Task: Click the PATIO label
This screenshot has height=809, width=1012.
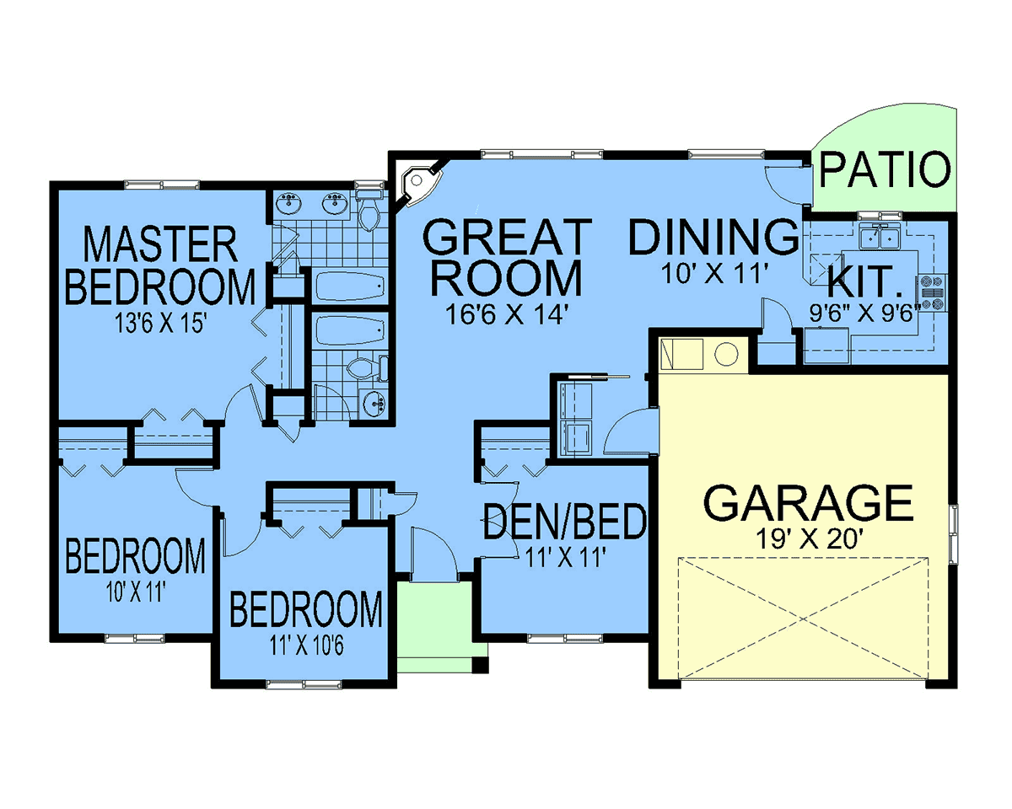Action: pyautogui.click(x=885, y=169)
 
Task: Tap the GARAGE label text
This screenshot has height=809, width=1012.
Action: pyautogui.click(x=807, y=502)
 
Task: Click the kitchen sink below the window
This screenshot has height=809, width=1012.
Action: pyautogui.click(x=880, y=236)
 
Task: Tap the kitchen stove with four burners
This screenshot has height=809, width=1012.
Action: pyautogui.click(x=931, y=292)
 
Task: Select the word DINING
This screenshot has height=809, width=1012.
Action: pyautogui.click(x=713, y=238)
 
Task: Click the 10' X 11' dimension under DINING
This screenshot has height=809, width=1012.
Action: pyautogui.click(x=715, y=274)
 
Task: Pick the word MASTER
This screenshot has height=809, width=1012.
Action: pyautogui.click(x=160, y=244)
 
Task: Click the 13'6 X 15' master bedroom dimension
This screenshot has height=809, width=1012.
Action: pyautogui.click(x=161, y=324)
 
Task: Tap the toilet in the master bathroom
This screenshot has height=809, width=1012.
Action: pyautogui.click(x=369, y=213)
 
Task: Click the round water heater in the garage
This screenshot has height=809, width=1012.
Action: pyautogui.click(x=726, y=354)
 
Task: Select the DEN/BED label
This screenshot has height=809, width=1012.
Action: pyautogui.click(x=565, y=521)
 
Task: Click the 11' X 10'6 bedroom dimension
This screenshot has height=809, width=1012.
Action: pyautogui.click(x=306, y=646)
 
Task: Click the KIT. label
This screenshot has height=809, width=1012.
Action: pyautogui.click(x=865, y=281)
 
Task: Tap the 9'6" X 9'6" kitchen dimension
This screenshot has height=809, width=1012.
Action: pyautogui.click(x=864, y=313)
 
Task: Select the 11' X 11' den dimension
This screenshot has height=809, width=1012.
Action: pyautogui.click(x=564, y=559)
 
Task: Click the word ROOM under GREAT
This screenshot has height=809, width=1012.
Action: pyautogui.click(x=507, y=278)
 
